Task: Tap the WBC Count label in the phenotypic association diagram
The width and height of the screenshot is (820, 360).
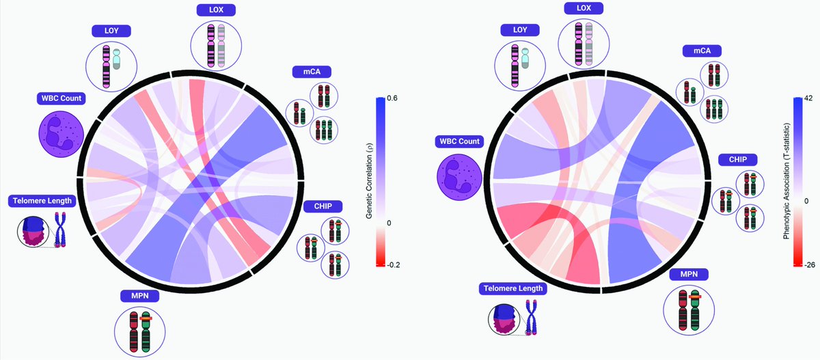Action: (x=461, y=141)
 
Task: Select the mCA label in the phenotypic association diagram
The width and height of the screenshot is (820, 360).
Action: (x=703, y=51)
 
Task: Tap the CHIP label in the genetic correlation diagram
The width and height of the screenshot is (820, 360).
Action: (x=322, y=205)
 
